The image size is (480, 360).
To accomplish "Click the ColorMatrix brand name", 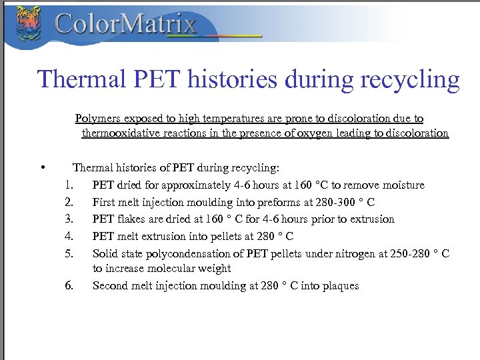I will pos(125,25).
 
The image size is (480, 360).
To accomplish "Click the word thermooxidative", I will pos(122,133).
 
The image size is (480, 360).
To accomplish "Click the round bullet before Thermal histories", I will pos(42,168).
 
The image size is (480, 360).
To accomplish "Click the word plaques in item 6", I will pos(340,285).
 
